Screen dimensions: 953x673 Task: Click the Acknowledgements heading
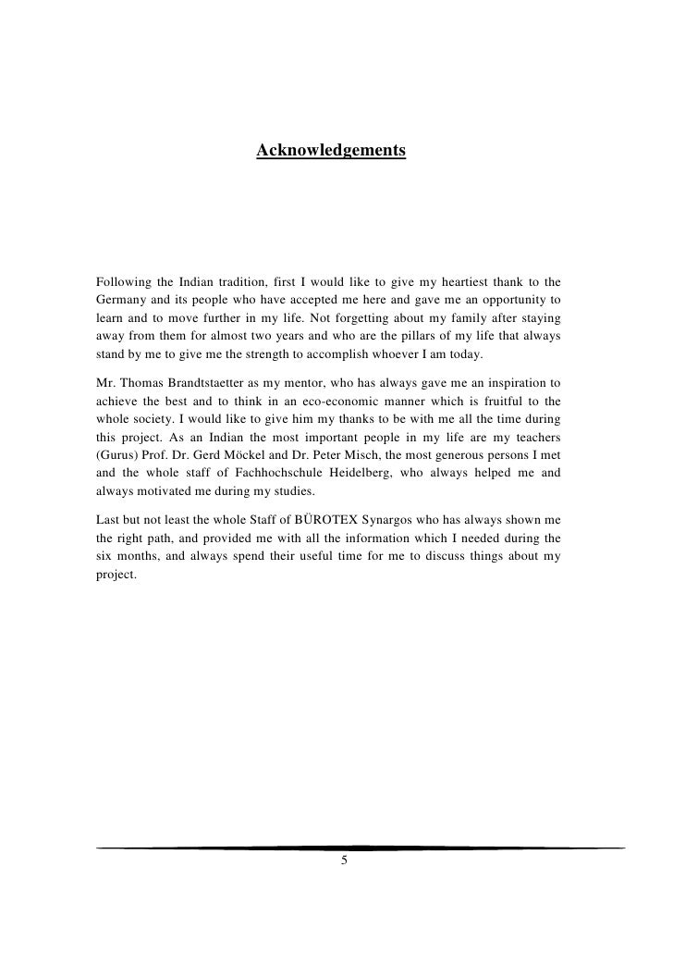[x=331, y=149]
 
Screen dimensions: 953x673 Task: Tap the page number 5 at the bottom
[x=344, y=861]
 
